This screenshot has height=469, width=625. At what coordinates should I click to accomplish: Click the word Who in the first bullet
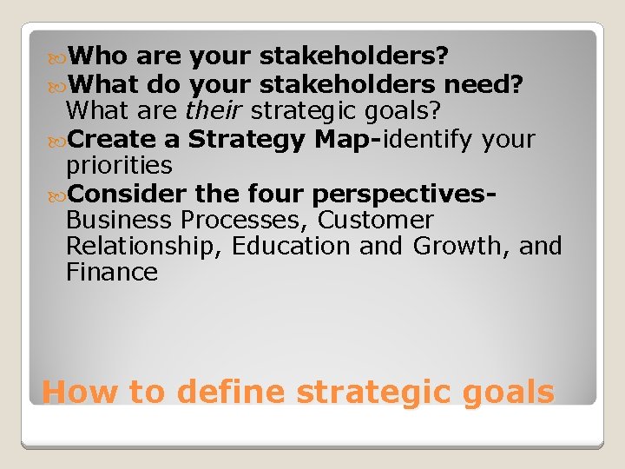tap(98, 57)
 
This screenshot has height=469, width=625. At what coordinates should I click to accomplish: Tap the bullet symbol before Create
tap(57, 140)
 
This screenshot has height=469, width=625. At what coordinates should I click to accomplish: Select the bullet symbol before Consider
tap(57, 194)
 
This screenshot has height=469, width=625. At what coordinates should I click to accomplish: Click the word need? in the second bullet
tap(484, 84)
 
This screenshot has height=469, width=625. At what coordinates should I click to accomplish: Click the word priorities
tap(119, 166)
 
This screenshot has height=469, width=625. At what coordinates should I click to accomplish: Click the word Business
tap(117, 220)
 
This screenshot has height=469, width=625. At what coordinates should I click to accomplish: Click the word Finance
tap(112, 273)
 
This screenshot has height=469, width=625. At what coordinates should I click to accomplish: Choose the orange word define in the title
tap(229, 392)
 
